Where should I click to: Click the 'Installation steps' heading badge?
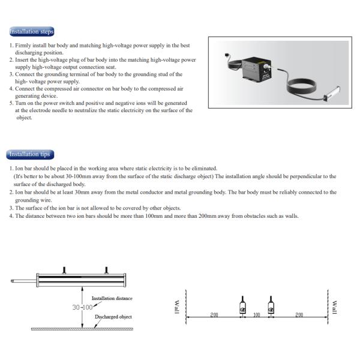click(31, 31)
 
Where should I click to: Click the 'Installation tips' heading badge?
click(30, 154)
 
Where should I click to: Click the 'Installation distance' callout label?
click(112, 298)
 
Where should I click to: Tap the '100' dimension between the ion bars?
click(256, 314)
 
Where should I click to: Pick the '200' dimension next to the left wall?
click(214, 314)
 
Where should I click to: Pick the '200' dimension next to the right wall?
click(298, 314)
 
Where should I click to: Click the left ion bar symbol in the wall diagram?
click(241, 305)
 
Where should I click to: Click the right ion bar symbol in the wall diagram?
click(271, 305)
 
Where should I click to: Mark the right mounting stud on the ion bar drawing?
click(106, 270)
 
